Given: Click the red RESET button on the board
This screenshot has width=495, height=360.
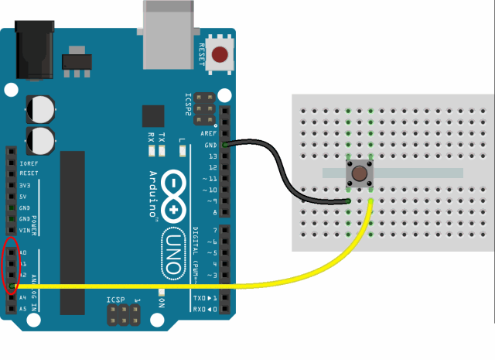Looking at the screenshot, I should point(221,55).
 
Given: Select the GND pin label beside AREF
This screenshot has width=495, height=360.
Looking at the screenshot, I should point(210,145).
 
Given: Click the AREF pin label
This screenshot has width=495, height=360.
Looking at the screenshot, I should point(209,133).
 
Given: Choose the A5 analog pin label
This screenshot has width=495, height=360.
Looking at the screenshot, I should point(22,308).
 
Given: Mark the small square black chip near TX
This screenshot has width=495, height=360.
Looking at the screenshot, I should point(153,116).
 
